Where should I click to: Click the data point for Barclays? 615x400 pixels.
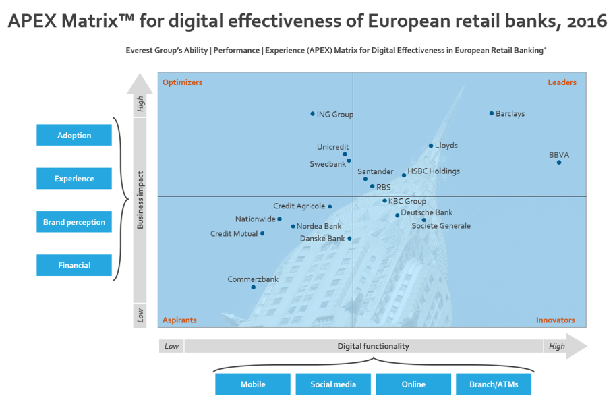click(492, 113)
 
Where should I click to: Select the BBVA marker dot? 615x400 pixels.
click(558, 162)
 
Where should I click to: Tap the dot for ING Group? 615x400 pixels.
click(313, 114)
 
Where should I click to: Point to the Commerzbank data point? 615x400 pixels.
click(254, 287)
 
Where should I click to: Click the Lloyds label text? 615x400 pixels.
click(446, 146)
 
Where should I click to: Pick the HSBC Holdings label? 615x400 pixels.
click(434, 171)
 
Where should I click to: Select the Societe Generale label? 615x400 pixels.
click(441, 226)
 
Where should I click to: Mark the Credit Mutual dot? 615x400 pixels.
click(262, 234)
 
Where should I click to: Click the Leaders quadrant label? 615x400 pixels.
click(562, 82)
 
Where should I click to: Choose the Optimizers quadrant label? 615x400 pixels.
click(182, 82)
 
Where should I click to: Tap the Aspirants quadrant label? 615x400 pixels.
click(179, 320)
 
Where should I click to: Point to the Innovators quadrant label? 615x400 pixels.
click(556, 320)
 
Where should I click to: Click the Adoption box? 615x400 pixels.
click(74, 136)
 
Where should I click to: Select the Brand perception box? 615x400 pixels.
click(74, 222)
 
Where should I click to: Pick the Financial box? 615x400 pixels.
click(74, 266)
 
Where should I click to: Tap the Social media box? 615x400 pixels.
click(332, 384)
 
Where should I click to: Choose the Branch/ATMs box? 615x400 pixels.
click(493, 384)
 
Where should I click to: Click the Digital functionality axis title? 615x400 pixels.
click(373, 346)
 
